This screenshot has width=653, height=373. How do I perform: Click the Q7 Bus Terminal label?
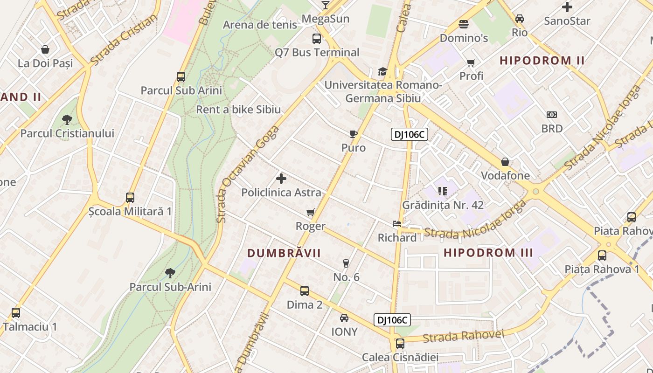coord(317,52)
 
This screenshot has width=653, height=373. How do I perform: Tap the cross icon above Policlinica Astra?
coord(281,179)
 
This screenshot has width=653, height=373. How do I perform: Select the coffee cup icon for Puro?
coord(354,135)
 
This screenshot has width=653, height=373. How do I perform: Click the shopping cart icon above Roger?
coord(310,213)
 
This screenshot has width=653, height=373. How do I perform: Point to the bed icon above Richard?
coord(396,224)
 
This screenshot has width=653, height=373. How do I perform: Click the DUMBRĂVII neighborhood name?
coord(284,253)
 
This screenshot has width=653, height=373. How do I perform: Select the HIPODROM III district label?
coord(488,253)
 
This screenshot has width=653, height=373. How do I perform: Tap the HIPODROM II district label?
coord(542,60)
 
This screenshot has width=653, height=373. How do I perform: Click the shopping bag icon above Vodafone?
coord(505,162)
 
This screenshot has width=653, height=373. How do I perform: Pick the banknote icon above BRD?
coord(551,115)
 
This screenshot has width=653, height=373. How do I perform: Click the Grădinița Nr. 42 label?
coord(443,205)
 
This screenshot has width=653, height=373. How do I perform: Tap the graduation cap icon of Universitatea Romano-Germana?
coord(382,71)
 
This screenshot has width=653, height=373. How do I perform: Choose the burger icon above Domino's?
coord(464,24)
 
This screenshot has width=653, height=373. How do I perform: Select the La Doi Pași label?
coord(45,63)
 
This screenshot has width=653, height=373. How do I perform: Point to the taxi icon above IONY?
coord(344,318)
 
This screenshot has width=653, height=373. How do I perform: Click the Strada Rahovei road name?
coord(464,336)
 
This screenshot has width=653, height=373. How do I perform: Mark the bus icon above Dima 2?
coord(305,291)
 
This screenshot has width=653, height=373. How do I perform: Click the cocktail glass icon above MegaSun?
coord(326,5)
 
